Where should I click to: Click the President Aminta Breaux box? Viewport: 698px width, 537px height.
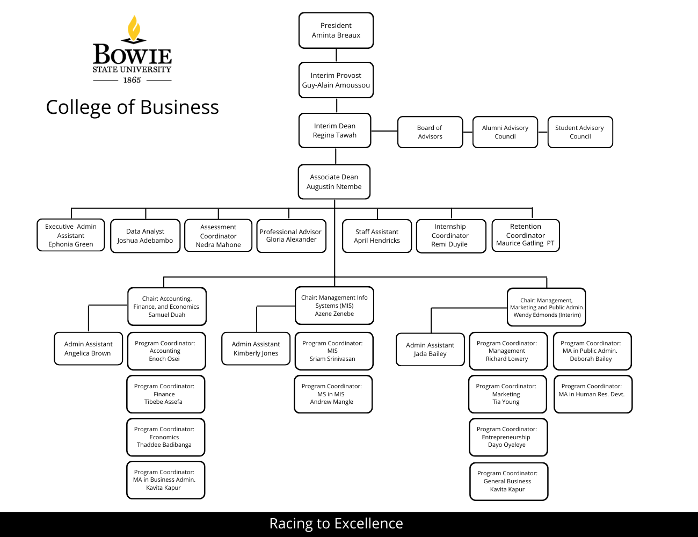[x=336, y=31]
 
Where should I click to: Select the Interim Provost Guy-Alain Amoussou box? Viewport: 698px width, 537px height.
[x=336, y=81]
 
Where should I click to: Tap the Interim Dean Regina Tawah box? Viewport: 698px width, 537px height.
[x=335, y=130]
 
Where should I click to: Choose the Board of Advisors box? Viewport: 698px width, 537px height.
[x=430, y=132]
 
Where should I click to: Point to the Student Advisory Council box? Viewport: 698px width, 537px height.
[x=580, y=132]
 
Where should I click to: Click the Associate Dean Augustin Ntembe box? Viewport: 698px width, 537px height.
[x=334, y=182]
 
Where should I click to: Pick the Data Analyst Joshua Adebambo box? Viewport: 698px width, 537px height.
[x=145, y=236]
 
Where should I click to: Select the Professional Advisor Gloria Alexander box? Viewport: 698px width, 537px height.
[x=291, y=236]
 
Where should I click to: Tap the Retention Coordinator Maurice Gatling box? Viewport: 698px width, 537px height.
[x=526, y=235]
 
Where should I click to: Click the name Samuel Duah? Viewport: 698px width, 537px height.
[x=167, y=315]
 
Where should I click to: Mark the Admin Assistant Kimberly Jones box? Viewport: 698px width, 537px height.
[x=256, y=349]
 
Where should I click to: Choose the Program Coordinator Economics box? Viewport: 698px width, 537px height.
[x=165, y=437]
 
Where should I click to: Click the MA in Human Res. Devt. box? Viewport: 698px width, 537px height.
[x=592, y=394]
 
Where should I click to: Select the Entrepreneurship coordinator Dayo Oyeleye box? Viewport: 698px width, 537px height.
[x=507, y=437]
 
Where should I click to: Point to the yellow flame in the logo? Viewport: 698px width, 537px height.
[x=134, y=28]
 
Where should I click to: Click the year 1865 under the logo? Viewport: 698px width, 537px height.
[x=132, y=80]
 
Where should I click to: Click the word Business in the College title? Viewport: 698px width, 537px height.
[x=179, y=107]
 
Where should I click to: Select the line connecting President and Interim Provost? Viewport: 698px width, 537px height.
[x=336, y=55]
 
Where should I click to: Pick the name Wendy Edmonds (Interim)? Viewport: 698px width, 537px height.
[x=547, y=315]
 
